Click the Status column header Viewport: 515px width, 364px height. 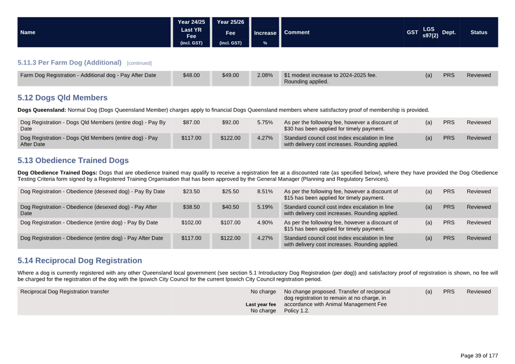click(478, 32)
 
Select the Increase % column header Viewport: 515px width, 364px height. click(265, 33)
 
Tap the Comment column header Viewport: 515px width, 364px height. click(297, 32)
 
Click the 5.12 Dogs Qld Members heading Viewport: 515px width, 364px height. click(62, 98)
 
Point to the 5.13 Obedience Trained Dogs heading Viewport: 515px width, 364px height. click(73, 161)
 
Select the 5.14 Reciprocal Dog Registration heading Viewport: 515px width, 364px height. click(80, 261)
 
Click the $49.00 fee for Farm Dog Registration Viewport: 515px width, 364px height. click(231, 75)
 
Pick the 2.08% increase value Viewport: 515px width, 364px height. click(265, 75)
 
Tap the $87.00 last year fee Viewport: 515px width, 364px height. click(191, 122)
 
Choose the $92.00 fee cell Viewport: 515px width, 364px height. click(231, 122)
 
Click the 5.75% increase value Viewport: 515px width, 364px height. click(265, 122)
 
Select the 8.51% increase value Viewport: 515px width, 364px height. click(265, 191)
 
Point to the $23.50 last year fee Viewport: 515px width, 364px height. click(191, 191)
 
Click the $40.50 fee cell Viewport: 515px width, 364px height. click(231, 207)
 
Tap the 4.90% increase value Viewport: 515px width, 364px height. click(265, 223)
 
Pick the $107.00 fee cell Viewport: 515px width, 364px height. click(231, 223)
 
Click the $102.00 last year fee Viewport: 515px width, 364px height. click(191, 223)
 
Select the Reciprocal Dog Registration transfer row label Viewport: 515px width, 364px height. click(65, 292)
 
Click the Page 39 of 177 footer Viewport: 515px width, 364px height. click(479, 356)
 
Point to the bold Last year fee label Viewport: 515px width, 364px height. click(261, 304)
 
